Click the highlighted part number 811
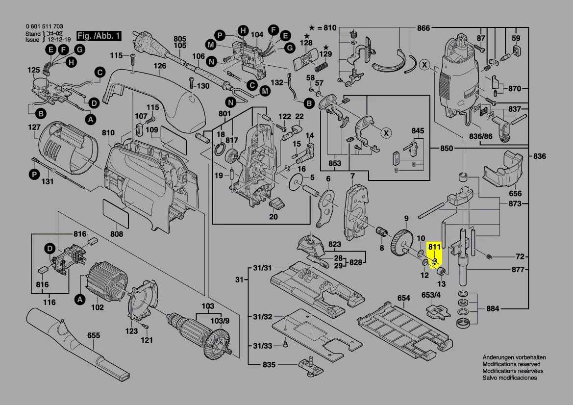point(434,247)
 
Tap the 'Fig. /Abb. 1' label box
point(99,36)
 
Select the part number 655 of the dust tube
point(94,335)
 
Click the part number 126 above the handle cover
point(160,66)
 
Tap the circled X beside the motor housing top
point(424,64)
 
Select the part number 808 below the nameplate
point(116,234)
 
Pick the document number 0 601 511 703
point(44,26)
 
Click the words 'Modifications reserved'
point(511,364)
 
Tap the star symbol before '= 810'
point(312,28)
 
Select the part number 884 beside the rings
point(493,309)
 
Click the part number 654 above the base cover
point(403,298)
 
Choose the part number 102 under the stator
point(98,307)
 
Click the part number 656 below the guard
point(515,194)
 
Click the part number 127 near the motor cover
point(34,127)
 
